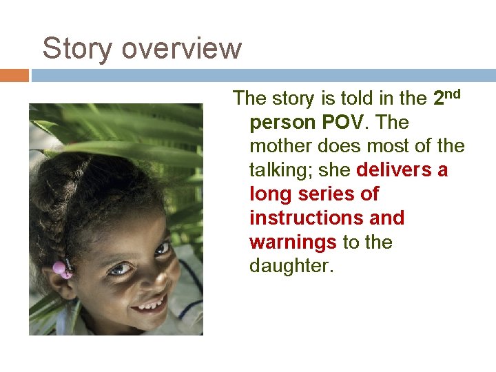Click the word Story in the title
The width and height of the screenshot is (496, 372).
click(70, 49)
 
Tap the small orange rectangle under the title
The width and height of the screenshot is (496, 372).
click(14, 75)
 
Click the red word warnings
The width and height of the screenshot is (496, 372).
click(293, 242)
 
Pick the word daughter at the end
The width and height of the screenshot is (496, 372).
click(291, 266)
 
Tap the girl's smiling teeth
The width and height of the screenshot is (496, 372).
click(152, 303)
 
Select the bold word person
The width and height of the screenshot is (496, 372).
click(282, 123)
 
